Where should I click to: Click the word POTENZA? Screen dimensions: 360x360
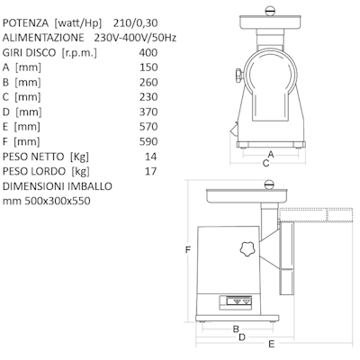click(x=25, y=23)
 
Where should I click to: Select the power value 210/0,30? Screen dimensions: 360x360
click(x=136, y=23)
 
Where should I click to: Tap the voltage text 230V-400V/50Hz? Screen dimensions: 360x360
click(x=135, y=38)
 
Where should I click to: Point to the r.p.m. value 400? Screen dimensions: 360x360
click(x=148, y=52)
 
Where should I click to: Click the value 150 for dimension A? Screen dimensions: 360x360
click(x=148, y=67)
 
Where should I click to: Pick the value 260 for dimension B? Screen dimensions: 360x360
click(x=148, y=82)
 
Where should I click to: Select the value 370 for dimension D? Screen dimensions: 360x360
click(x=148, y=112)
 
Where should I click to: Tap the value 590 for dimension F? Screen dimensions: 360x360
click(x=148, y=141)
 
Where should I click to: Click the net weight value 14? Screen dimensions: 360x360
click(x=150, y=157)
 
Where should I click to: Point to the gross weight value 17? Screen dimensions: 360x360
click(x=150, y=171)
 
